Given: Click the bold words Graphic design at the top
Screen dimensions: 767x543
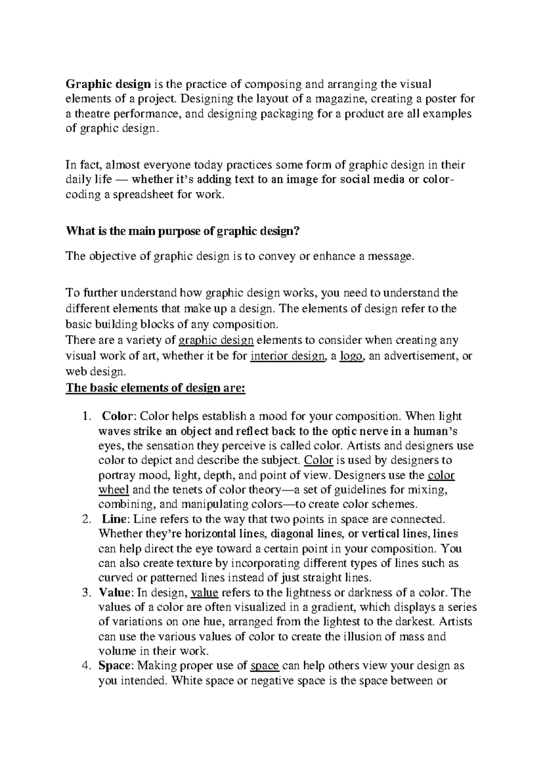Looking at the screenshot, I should pyautogui.click(x=108, y=84).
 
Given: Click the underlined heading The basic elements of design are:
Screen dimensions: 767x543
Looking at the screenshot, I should pyautogui.click(x=155, y=388).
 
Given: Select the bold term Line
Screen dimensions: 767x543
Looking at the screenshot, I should pyautogui.click(x=112, y=519).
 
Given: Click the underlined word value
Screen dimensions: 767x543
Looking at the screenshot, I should pyautogui.click(x=205, y=592).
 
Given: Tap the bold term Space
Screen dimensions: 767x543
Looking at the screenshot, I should pyautogui.click(x=114, y=666).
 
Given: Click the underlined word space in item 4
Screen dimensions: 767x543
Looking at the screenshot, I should pyautogui.click(x=265, y=666).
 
